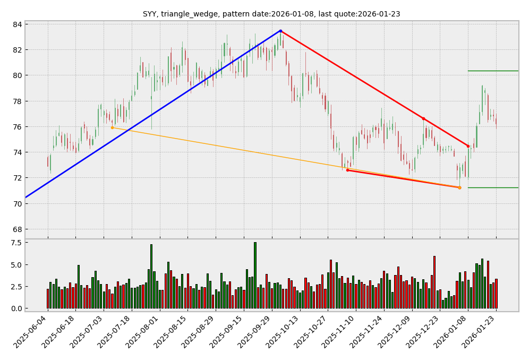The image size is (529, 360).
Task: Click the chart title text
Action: tap(271, 14)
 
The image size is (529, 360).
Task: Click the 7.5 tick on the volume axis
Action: tap(15, 243)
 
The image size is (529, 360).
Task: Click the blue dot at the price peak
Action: tap(280, 31)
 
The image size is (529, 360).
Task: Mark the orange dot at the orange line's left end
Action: tap(112, 127)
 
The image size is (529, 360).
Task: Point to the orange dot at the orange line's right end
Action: tap(459, 187)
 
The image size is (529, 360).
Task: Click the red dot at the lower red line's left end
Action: tap(347, 170)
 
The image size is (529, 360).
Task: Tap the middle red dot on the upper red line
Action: tap(423, 118)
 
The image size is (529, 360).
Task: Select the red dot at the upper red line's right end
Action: tap(468, 146)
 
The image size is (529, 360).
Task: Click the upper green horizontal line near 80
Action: tap(492, 71)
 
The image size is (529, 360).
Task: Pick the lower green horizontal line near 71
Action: tap(492, 187)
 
